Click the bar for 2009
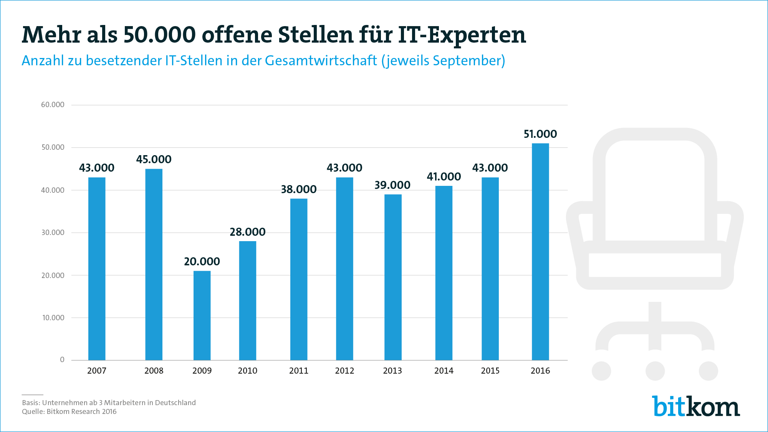[202, 315]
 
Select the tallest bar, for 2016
[540, 252]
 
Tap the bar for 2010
[248, 300]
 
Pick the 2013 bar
[393, 277]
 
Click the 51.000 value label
[540, 134]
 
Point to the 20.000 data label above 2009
[202, 262]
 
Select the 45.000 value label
[154, 159]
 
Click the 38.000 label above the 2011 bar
[299, 189]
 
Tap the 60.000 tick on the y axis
[53, 105]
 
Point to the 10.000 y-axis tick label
[53, 318]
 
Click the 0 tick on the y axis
[62, 360]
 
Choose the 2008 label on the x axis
[154, 371]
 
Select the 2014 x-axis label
[444, 371]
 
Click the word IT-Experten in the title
[462, 35]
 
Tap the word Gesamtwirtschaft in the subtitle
[321, 61]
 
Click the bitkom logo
[696, 406]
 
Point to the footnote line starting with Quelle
[69, 412]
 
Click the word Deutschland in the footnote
[175, 402]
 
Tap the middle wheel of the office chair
[655, 371]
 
